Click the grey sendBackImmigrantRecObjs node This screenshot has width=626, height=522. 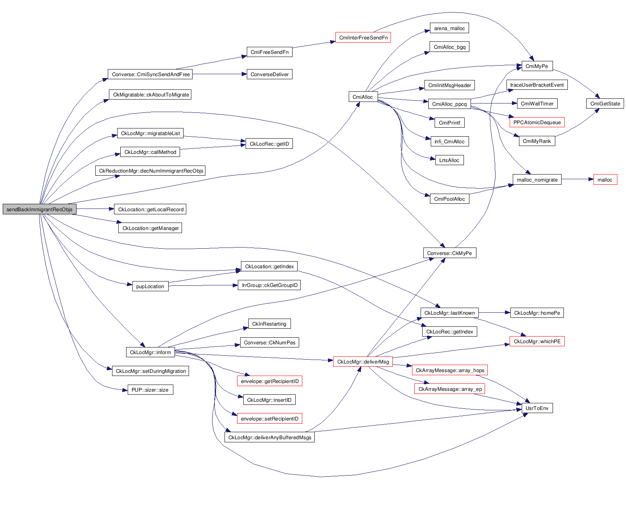click(39, 209)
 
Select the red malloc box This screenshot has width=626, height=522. click(605, 180)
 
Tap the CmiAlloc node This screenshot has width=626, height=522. click(363, 97)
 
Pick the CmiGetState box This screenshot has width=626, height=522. click(605, 103)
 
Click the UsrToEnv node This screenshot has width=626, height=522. click(537, 408)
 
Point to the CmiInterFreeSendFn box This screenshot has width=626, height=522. click(363, 37)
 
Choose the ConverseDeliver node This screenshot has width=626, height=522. click(269, 74)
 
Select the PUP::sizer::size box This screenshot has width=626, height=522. click(150, 390)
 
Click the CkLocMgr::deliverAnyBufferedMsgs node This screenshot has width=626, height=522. click(269, 437)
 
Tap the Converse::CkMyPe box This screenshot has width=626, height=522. click(449, 253)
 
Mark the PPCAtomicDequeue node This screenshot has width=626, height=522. click(537, 122)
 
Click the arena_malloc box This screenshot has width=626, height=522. click(449, 28)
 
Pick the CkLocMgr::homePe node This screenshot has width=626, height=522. click(537, 313)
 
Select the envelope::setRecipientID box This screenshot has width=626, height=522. click(269, 419)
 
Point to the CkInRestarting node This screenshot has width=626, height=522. click(269, 324)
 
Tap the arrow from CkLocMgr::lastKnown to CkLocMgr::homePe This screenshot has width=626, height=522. click(494, 313)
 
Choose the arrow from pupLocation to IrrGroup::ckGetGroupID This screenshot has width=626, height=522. click(203, 286)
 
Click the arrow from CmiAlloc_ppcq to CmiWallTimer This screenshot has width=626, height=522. click(494, 103)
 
